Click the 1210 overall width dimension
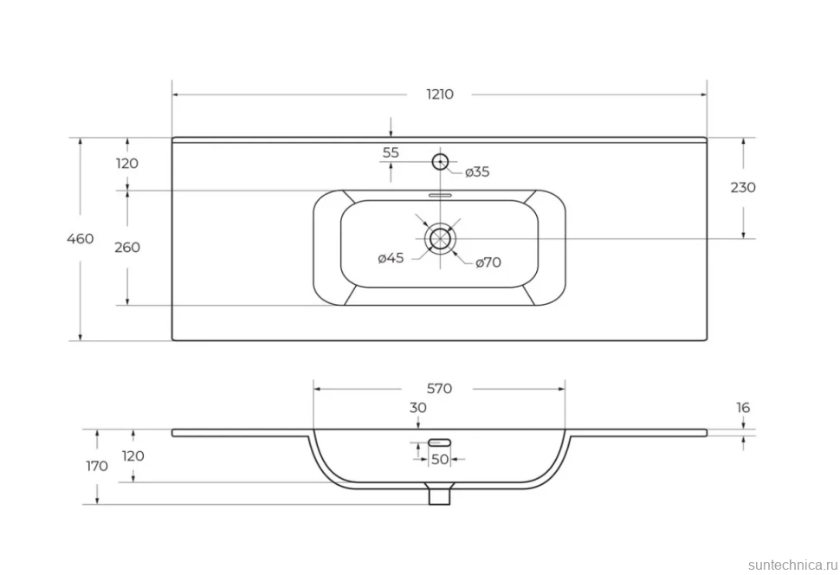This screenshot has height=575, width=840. point(439,94)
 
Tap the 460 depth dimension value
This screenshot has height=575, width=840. point(81,238)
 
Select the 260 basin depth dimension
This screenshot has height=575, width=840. point(127,247)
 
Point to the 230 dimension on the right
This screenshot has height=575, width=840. point(743,187)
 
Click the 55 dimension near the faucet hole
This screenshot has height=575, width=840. point(391,152)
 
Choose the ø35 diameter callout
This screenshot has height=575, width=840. point(477,172)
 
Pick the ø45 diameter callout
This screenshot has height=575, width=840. point(391,258)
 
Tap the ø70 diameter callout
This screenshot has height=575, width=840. point(488,262)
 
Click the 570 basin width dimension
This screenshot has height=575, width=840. point(439,389)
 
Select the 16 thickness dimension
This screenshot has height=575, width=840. point(743,408)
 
